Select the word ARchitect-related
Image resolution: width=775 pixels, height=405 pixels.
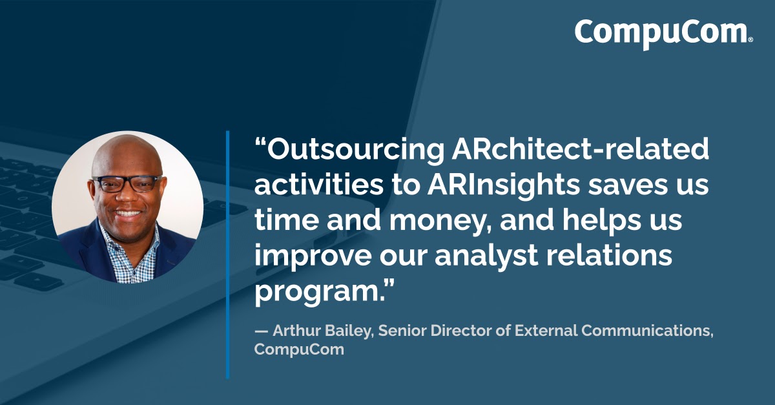[x=580, y=149]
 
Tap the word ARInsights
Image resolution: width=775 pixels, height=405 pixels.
[x=503, y=186]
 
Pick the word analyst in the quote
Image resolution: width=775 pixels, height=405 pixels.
[x=486, y=256]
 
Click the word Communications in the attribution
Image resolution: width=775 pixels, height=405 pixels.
[x=647, y=331]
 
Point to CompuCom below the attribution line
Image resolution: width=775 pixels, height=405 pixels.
[x=299, y=349]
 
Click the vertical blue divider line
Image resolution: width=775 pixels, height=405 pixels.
[x=227, y=254]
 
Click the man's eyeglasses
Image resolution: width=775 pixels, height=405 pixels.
[x=127, y=183]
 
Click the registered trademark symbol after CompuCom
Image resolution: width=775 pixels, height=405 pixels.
[x=750, y=40]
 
